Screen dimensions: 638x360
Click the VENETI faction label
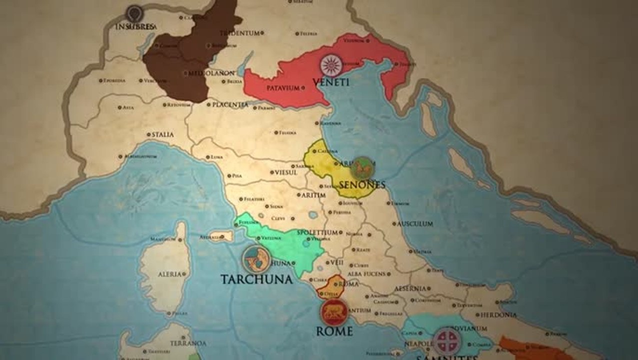coord(330,82)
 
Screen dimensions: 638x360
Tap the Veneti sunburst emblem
coord(331,65)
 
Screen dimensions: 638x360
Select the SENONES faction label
coord(362,185)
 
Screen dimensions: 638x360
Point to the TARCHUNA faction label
coord(256,279)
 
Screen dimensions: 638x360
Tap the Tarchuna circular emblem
coord(256,259)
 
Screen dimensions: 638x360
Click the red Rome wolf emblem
coord(334,312)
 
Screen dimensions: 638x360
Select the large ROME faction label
coord(334,331)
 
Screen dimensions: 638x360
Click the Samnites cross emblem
coord(446,341)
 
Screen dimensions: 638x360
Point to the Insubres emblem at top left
coord(134,14)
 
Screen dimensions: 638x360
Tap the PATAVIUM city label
coord(283,88)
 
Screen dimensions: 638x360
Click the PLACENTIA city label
coord(230,105)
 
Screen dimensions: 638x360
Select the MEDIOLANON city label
coord(211,73)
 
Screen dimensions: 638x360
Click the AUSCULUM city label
coord(415,223)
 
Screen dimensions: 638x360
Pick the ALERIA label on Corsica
coord(169,274)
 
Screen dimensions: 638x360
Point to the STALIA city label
coord(162,134)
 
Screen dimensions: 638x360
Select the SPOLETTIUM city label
coord(317,232)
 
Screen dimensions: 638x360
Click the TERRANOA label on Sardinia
coord(188,343)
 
